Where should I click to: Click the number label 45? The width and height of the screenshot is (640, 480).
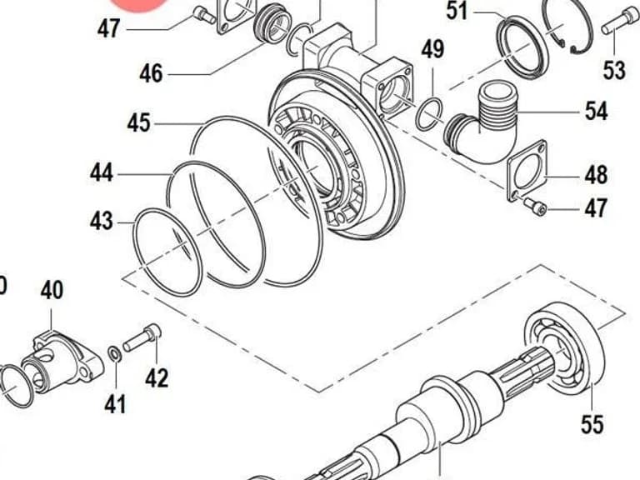139,122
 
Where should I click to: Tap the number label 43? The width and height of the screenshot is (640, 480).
101,221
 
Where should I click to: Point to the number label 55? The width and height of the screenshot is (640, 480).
592,423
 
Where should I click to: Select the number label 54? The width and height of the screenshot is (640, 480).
597,111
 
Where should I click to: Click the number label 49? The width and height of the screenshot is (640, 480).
432,49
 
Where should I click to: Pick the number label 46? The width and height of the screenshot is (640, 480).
151,74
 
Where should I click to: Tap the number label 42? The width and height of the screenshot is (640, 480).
157,378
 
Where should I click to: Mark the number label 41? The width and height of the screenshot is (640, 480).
116,404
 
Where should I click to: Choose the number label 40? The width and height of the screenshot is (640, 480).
52,290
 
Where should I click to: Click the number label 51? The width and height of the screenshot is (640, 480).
457,11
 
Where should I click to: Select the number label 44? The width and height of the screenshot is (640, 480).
102,172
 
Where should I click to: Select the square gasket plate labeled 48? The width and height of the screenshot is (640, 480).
527,171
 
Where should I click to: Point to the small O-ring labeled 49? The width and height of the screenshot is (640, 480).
428,114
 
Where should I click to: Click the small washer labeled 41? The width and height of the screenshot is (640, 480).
114,353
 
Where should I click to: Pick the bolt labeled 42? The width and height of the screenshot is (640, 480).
142,337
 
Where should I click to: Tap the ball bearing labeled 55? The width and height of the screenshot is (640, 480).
564,349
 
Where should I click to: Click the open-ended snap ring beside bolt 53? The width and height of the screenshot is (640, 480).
568,27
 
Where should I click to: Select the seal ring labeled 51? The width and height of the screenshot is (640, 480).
522,47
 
